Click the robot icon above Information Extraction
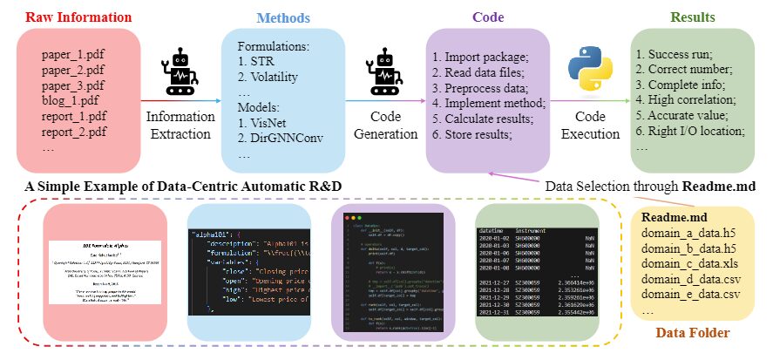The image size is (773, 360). tap(180, 72)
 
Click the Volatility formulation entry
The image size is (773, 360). tap(273, 77)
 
